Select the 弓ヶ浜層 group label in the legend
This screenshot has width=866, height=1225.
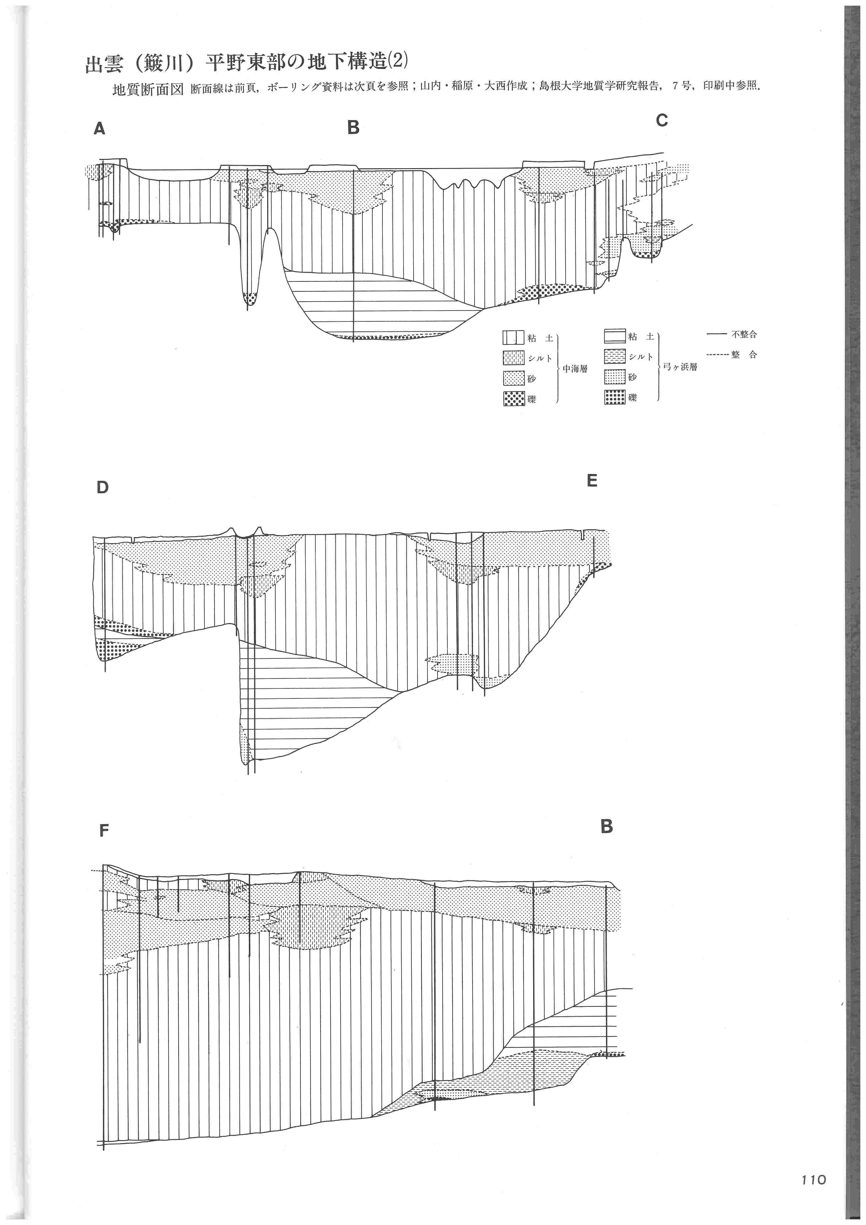click(680, 367)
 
